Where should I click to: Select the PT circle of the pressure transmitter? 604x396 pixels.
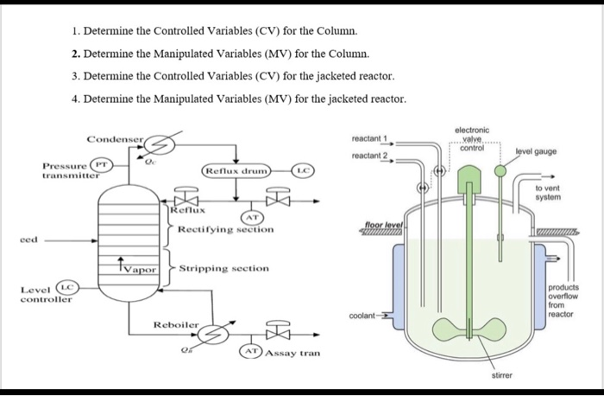[102, 163]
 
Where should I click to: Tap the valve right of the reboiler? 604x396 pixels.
[277, 332]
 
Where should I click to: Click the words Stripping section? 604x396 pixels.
[224, 269]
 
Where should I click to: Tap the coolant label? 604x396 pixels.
[362, 316]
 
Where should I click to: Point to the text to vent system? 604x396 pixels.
[549, 193]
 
